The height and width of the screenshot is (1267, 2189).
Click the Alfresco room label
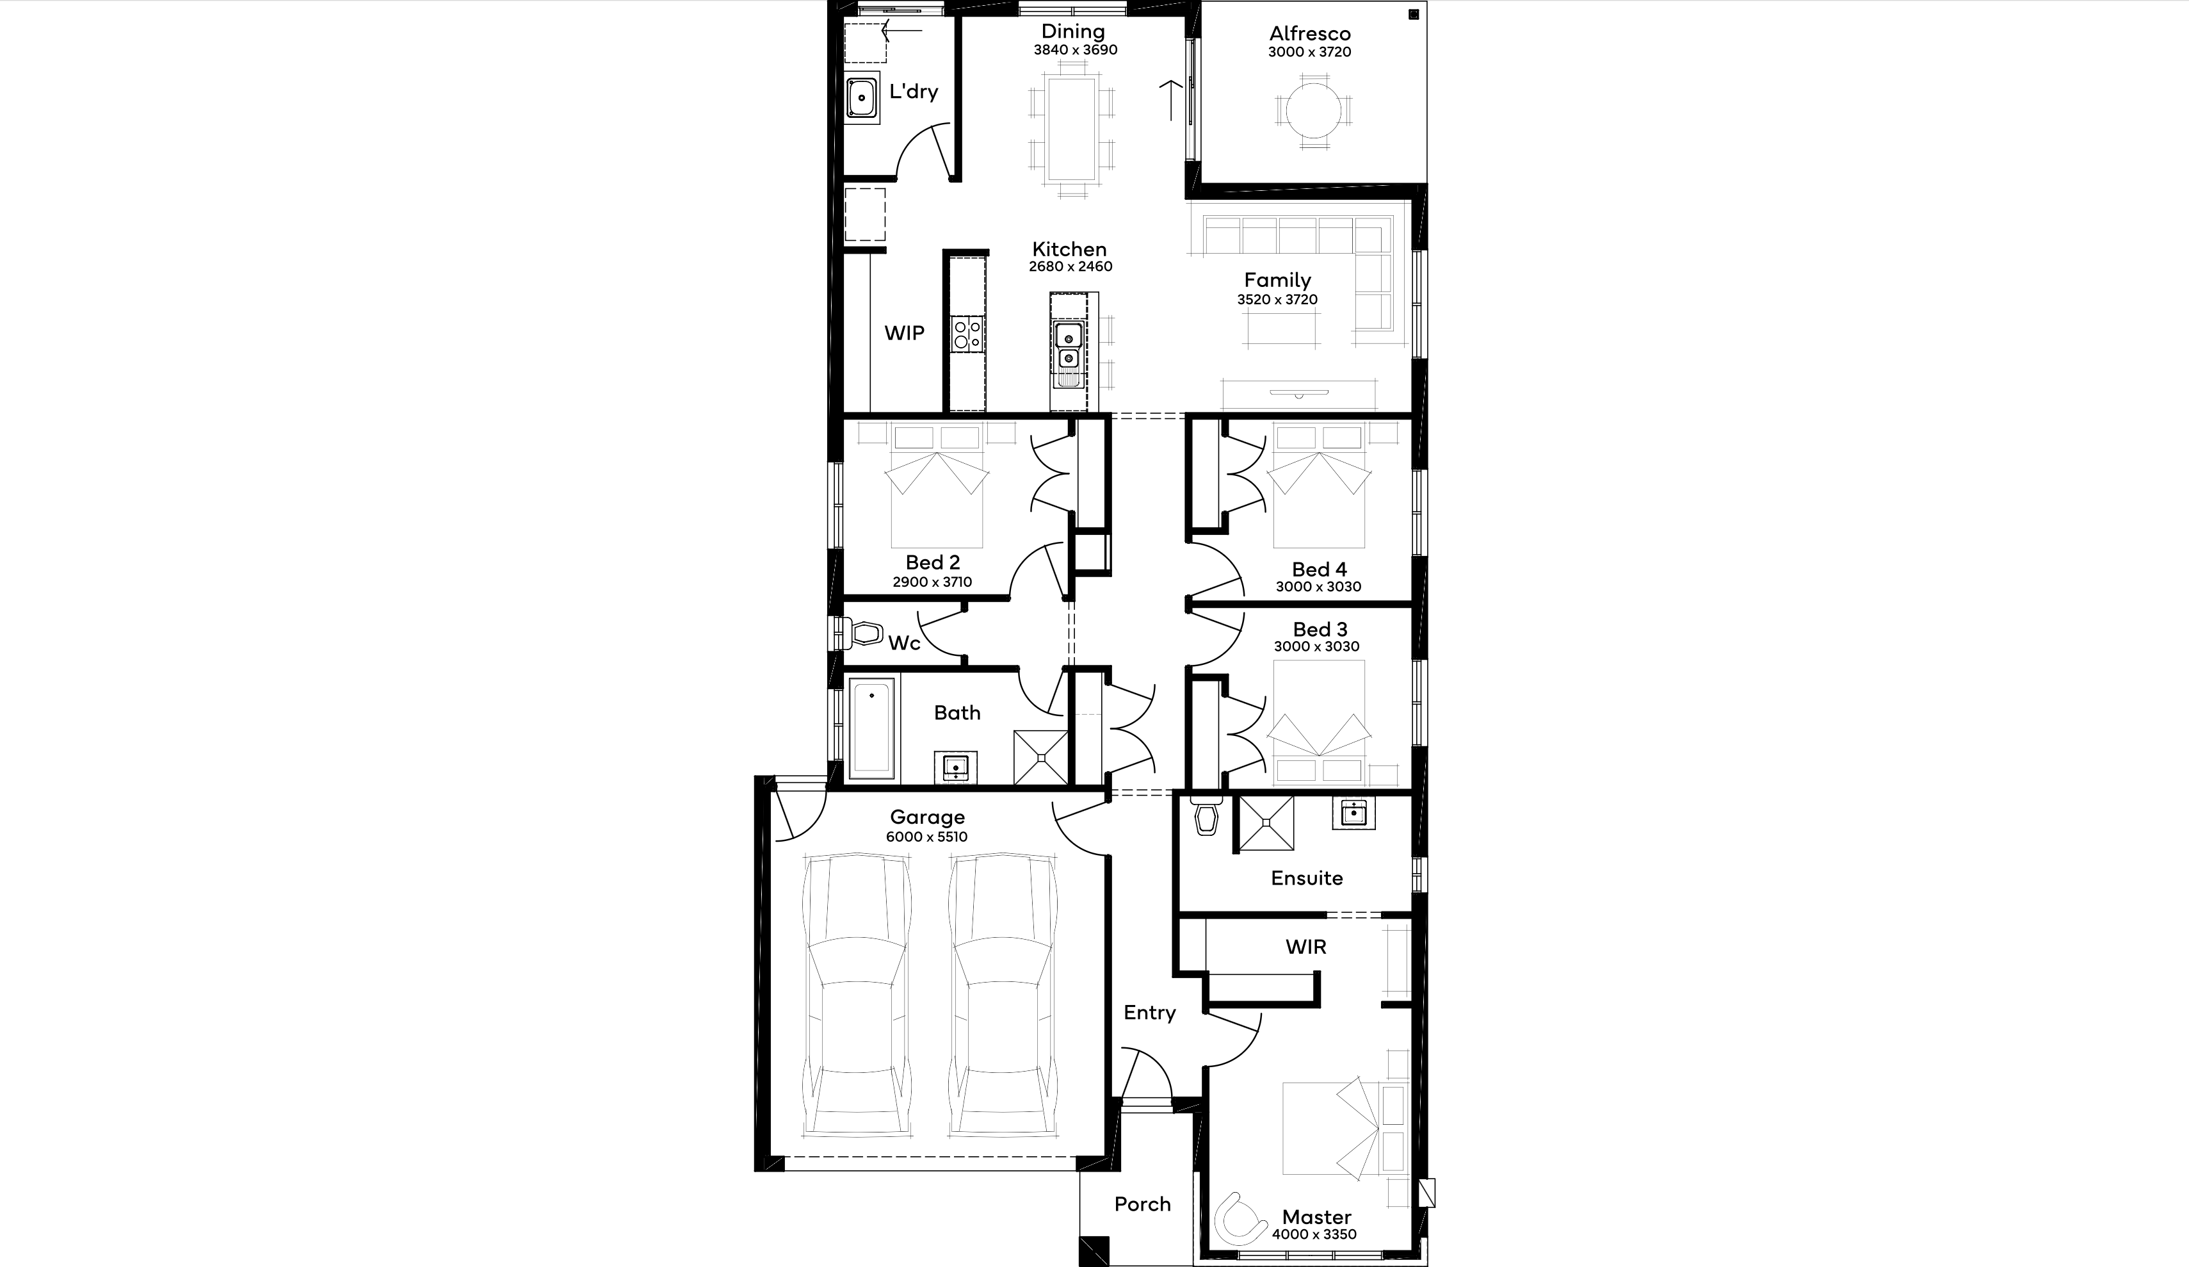(x=1310, y=34)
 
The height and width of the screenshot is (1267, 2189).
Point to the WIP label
(x=904, y=333)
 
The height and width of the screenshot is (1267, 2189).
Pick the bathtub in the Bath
(x=871, y=728)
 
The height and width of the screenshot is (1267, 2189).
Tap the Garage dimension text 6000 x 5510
(x=927, y=837)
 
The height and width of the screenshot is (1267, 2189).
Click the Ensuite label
(x=1307, y=879)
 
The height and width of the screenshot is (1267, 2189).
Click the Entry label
(x=1150, y=1013)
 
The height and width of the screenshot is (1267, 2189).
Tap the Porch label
(x=1143, y=1204)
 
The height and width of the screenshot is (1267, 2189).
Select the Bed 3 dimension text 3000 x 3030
(x=1317, y=646)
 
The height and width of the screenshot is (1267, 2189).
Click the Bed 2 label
(x=933, y=562)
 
